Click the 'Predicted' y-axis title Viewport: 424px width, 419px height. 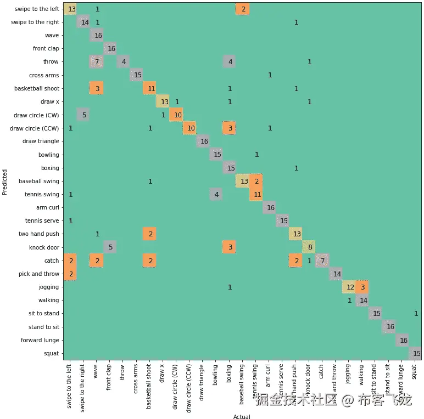5,182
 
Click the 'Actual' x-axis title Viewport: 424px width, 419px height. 242,417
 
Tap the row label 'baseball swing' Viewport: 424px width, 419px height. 39,182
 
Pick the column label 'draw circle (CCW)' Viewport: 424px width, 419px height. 189,389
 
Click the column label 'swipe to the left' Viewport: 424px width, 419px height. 70,387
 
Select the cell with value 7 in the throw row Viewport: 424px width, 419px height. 97,62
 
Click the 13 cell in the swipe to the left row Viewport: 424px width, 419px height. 70,9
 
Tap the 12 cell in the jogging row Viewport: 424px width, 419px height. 349,287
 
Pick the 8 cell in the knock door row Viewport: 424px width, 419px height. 309,247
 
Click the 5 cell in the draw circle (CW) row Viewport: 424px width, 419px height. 84,115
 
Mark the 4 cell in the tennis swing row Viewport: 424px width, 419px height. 216,195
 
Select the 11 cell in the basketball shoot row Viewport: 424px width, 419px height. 150,88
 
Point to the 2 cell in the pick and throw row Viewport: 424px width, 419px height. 70,274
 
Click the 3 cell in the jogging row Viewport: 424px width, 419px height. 362,287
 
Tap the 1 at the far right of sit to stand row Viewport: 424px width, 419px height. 416,314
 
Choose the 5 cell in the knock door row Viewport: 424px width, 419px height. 110,247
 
